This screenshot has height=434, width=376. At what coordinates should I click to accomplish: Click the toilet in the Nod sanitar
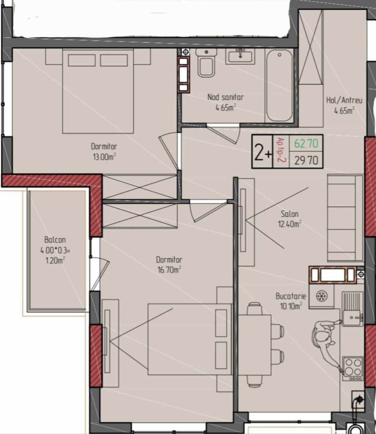pyautogui.click(x=206, y=63)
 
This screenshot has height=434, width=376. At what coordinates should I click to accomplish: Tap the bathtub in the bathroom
pyautogui.click(x=279, y=85)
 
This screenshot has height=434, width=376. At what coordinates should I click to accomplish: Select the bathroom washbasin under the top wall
pyautogui.click(x=240, y=56)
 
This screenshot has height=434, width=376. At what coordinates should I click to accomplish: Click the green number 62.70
pyautogui.click(x=306, y=144)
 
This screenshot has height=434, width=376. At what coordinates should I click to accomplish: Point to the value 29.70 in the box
pyautogui.click(x=306, y=161)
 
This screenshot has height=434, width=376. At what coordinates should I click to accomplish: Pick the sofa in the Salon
pyautogui.click(x=345, y=218)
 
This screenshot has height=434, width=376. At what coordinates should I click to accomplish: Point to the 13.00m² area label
pyautogui.click(x=104, y=157)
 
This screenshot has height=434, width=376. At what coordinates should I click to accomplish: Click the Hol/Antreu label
pyautogui.click(x=344, y=101)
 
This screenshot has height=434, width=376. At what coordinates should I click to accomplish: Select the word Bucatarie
pyautogui.click(x=291, y=296)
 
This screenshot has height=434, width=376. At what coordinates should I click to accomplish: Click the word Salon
pyautogui.click(x=290, y=214)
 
